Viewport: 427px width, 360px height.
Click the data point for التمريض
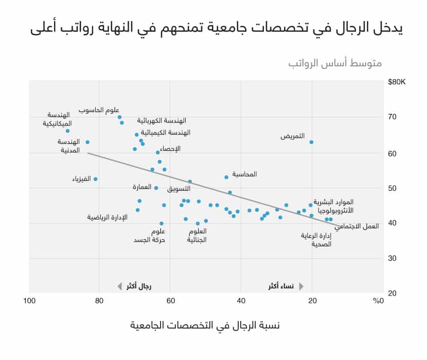[311, 142]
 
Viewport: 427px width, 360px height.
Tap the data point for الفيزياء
[95, 179]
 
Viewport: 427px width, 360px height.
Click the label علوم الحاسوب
[99, 110]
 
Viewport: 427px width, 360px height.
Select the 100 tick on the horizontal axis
[29, 301]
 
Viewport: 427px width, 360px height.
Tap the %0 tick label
[378, 301]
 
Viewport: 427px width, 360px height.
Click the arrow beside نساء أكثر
[301, 286]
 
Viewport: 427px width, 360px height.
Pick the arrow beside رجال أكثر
[119, 286]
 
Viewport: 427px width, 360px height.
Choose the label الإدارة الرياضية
[107, 218]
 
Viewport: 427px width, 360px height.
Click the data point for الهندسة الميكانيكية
[67, 131]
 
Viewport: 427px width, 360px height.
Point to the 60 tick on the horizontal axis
[170, 301]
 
